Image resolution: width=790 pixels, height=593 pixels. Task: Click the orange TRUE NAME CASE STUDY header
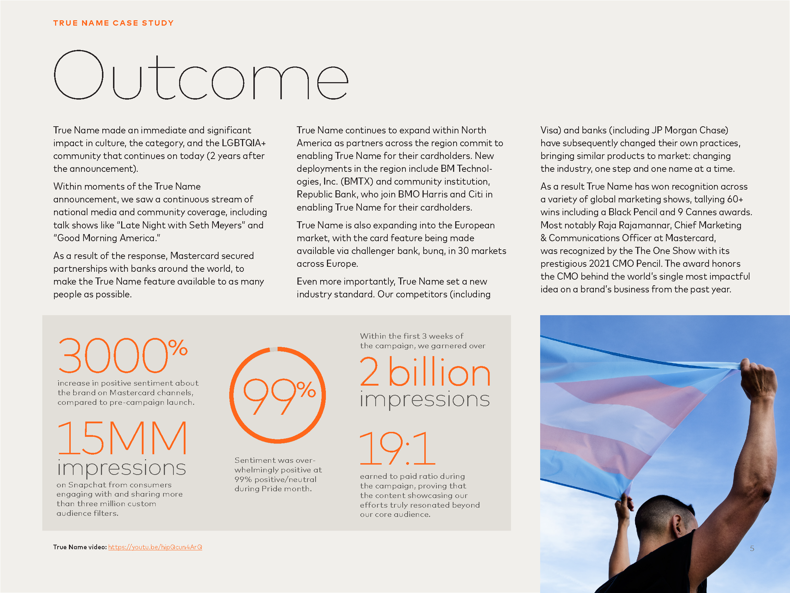[x=113, y=23]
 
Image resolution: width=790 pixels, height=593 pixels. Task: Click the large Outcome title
[x=201, y=76]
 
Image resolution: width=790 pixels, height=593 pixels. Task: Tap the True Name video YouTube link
[x=155, y=547]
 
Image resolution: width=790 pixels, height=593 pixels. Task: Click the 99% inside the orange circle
[x=279, y=395]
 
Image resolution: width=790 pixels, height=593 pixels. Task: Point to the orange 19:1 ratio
[x=397, y=448]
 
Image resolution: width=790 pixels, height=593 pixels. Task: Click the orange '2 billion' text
[x=425, y=372]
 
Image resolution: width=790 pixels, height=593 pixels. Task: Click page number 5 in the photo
[x=752, y=548]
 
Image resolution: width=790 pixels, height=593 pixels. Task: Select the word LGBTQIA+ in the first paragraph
[x=243, y=143]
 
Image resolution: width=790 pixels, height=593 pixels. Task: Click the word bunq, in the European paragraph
[x=434, y=251]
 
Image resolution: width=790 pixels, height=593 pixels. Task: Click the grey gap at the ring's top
[x=273, y=349]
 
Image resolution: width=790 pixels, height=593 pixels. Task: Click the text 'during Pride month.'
[x=273, y=489]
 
